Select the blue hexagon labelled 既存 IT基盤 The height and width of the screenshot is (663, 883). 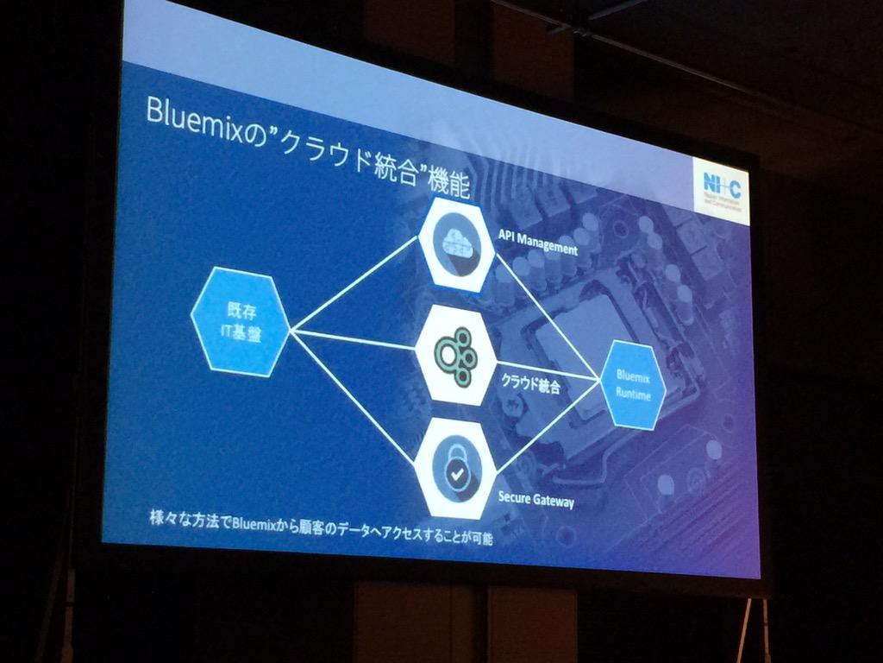239,321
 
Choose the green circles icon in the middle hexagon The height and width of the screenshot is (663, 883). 454,350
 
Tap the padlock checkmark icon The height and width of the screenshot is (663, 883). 456,467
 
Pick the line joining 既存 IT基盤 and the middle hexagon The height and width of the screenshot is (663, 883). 354,338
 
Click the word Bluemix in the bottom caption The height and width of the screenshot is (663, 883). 258,522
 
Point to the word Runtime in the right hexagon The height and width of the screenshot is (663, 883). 638,395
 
